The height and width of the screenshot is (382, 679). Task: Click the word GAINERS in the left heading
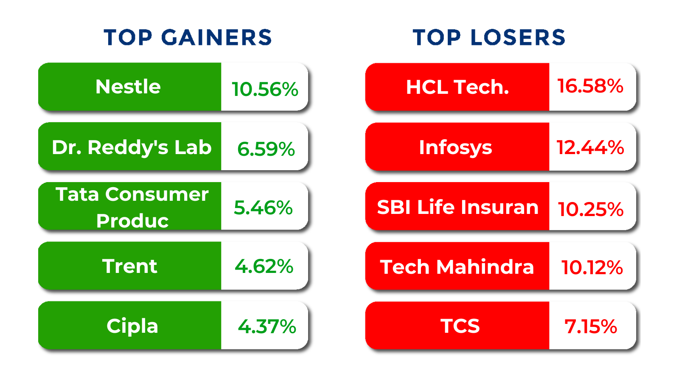click(216, 37)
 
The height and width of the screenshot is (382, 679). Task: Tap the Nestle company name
click(128, 87)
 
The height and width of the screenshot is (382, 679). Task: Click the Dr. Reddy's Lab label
click(132, 147)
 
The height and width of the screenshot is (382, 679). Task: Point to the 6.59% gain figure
click(266, 149)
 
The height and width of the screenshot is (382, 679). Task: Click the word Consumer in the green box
click(157, 194)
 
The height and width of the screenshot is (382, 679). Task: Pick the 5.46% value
click(263, 208)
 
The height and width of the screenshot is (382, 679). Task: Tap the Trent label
click(129, 267)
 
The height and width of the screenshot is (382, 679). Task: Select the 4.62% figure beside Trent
click(264, 267)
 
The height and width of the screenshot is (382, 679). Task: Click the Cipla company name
click(132, 326)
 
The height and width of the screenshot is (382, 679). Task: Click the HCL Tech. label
click(457, 87)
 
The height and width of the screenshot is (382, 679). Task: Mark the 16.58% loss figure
click(590, 86)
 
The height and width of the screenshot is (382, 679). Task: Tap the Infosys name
click(455, 148)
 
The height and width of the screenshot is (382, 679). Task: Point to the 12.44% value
click(590, 148)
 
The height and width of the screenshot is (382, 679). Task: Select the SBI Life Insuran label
click(457, 207)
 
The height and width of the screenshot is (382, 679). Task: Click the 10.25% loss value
click(590, 209)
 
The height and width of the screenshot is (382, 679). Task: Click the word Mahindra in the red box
click(485, 267)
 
